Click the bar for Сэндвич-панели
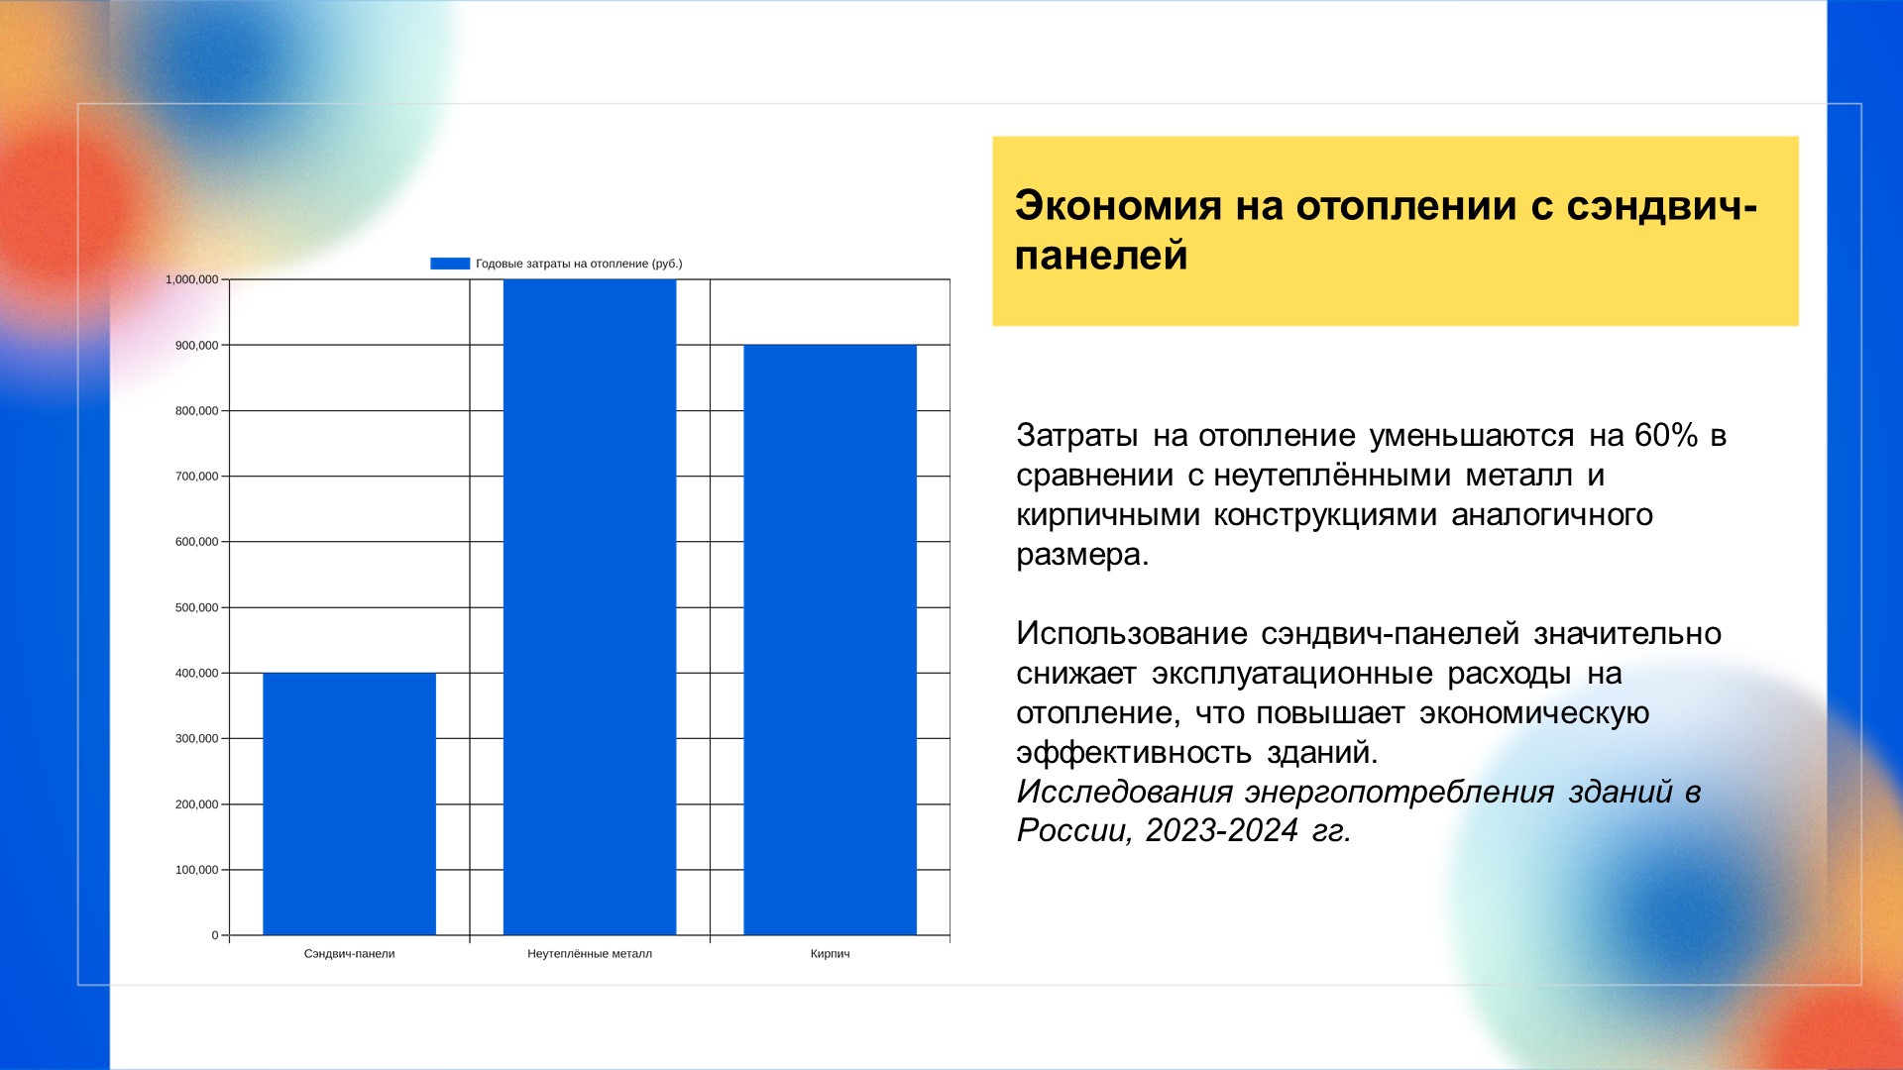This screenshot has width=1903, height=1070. pos(349,803)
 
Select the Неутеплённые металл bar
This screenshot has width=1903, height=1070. pos(590,607)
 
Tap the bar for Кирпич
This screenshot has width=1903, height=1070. pos(831,640)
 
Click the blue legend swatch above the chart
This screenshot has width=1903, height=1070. pos(450,264)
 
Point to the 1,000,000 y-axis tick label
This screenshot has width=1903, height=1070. pos(191,279)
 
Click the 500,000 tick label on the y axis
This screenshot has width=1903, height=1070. pos(196,607)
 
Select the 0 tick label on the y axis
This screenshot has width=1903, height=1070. pos(215,935)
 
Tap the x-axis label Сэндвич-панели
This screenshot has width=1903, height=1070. pos(349,954)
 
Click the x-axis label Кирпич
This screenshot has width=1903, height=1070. pos(830,954)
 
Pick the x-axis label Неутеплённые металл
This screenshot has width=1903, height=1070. pos(590,954)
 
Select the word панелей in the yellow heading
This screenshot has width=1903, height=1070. pos(1101,256)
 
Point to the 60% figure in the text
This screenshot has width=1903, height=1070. pos(1666,435)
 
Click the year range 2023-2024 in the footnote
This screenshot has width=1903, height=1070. pos(1221,830)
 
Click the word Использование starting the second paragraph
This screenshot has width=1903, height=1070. pos(1132,633)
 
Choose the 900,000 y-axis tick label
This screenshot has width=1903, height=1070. pos(196,345)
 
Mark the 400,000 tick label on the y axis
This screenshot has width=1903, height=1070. pos(196,673)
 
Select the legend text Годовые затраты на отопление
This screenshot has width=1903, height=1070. pos(562,264)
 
